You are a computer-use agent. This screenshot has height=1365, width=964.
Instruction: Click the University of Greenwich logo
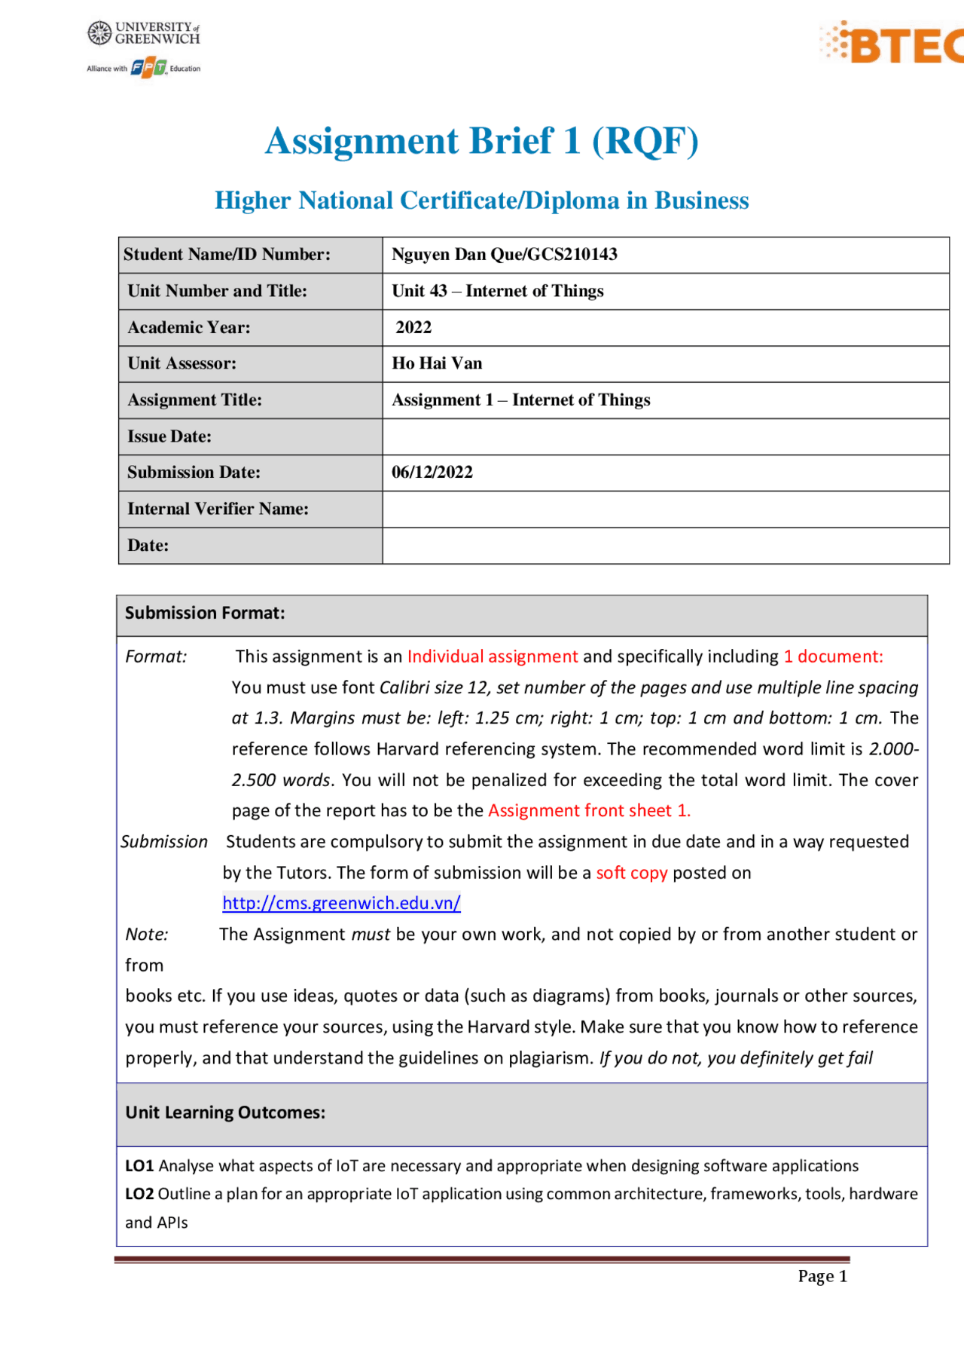[144, 33]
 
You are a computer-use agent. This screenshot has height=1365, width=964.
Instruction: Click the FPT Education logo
[148, 68]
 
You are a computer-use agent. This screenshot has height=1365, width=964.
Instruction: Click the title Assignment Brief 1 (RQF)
[482, 141]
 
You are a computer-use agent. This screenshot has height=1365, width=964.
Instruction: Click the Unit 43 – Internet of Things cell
[498, 291]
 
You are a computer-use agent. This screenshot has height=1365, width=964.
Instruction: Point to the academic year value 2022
[413, 327]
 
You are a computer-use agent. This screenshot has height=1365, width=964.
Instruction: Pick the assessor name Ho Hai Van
[437, 363]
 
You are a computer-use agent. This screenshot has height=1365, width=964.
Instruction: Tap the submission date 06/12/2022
[432, 473]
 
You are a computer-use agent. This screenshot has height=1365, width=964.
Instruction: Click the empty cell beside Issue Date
[665, 436]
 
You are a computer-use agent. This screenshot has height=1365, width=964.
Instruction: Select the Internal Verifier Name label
[218, 509]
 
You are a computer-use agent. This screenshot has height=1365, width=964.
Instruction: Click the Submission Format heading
[205, 613]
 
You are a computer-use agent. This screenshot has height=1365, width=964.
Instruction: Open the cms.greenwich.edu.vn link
[341, 903]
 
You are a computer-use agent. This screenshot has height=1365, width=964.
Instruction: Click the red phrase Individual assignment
[493, 656]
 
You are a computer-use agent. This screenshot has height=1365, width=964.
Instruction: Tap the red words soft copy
[632, 873]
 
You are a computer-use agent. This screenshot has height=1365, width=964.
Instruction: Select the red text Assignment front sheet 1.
[589, 810]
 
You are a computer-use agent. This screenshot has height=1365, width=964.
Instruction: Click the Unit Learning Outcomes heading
[225, 1113]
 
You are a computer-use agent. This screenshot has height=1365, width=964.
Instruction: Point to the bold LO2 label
[139, 1194]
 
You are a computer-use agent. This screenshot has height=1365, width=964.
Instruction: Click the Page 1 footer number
[822, 1276]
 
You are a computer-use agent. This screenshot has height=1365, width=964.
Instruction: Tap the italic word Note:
[147, 935]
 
